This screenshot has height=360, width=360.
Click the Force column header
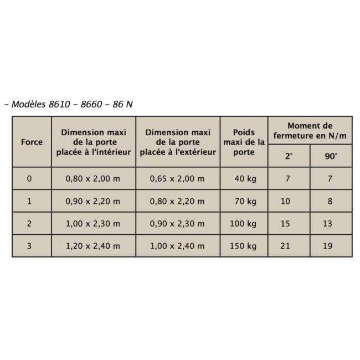32,142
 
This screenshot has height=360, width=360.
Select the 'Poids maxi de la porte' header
244,142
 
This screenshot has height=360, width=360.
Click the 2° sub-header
289,156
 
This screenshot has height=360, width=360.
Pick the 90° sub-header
331,156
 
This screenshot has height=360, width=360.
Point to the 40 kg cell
244,179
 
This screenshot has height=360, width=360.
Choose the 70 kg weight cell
244,201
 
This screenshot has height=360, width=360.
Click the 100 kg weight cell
244,224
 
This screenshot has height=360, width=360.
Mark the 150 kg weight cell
244,246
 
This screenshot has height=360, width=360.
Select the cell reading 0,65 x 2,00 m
177,179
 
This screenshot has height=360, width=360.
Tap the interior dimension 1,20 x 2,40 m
94,246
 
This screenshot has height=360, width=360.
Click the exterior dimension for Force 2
177,224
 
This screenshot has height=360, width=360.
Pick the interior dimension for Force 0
94,179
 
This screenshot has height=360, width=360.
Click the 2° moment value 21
286,246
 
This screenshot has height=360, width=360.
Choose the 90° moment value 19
330,246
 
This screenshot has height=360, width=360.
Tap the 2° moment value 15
286,224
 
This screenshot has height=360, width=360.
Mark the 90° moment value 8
330,201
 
